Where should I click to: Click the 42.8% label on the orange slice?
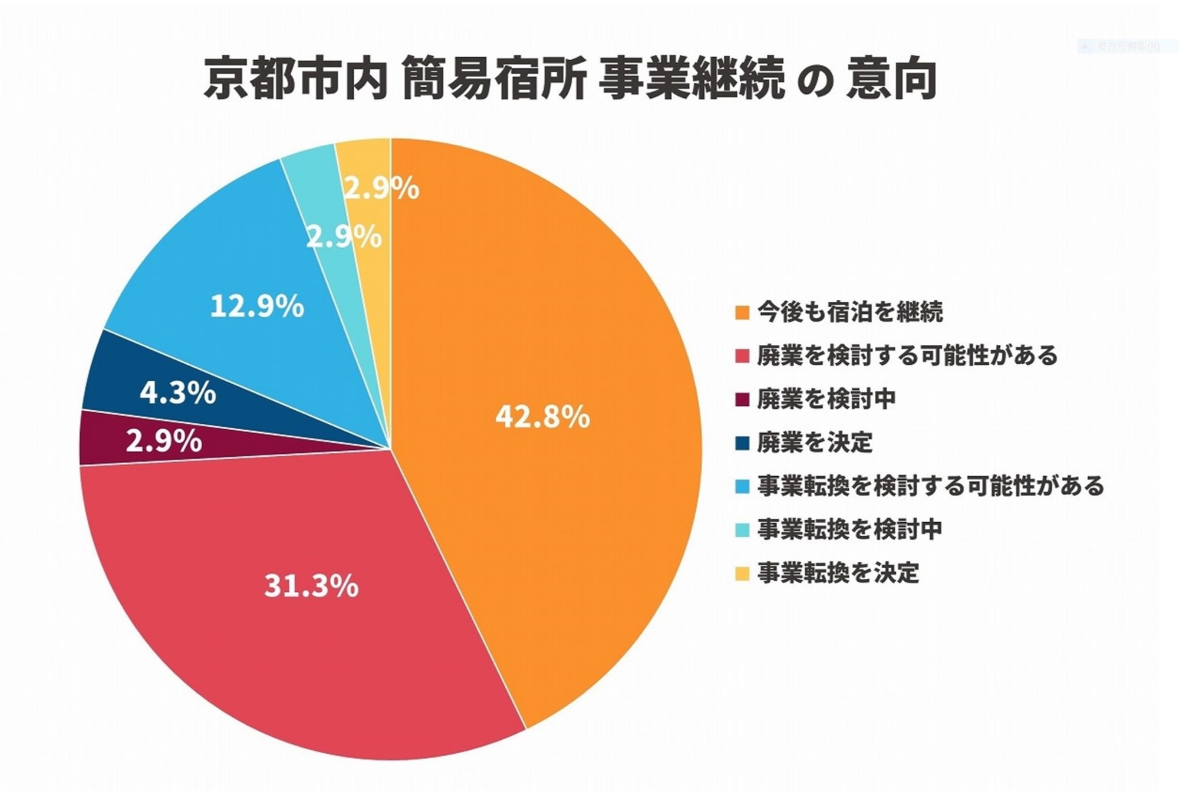542,417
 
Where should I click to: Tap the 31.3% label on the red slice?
311,586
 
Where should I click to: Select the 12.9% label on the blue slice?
257,306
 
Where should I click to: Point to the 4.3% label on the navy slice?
177,393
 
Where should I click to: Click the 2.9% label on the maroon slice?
164,441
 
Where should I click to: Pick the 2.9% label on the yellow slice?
381,189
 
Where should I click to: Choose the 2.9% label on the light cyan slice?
344,237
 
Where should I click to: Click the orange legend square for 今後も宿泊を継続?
743,312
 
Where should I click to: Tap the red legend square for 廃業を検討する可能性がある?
743,356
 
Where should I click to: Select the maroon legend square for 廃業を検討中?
743,400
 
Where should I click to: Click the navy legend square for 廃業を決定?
743,443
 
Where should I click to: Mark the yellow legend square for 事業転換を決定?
743,574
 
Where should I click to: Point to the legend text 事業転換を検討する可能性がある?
930,486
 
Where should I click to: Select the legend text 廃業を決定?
815,443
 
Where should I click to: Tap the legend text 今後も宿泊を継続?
849,312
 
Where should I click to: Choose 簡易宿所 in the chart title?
494,79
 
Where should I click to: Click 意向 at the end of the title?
891,79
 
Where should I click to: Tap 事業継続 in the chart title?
691,79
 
